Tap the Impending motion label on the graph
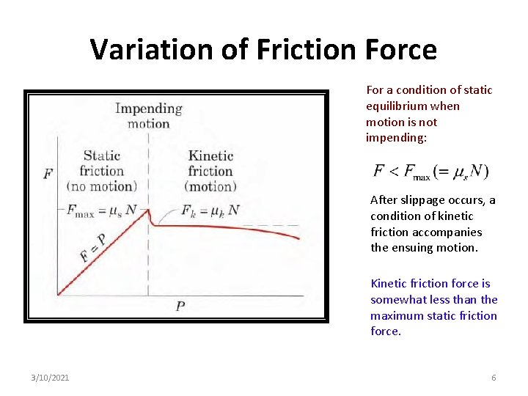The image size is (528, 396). click(149, 116)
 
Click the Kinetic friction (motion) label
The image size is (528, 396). click(210, 170)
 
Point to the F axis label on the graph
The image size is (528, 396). click(48, 174)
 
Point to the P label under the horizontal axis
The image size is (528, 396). click(180, 306)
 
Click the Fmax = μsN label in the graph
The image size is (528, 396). click(102, 210)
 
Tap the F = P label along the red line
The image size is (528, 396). click(92, 247)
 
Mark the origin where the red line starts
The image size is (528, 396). click(58, 295)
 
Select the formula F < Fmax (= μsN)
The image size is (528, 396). click(431, 172)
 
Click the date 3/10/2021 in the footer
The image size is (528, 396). click(51, 378)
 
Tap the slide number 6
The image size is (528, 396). click(494, 378)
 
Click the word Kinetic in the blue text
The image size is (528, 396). click(389, 284)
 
